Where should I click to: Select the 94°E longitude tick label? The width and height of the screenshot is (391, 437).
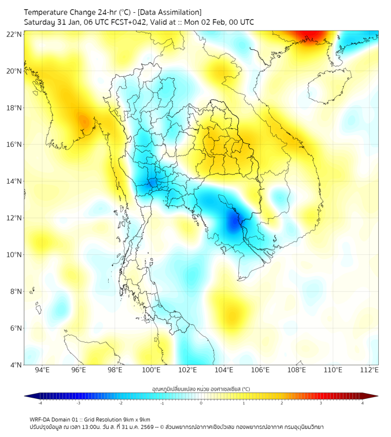point(42,370)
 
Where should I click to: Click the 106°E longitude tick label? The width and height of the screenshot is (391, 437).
point(261,370)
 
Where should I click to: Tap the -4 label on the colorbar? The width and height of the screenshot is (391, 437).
point(40,403)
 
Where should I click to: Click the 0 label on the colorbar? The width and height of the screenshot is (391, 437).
point(201,403)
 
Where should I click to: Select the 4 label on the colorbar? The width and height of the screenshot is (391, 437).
point(363,403)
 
